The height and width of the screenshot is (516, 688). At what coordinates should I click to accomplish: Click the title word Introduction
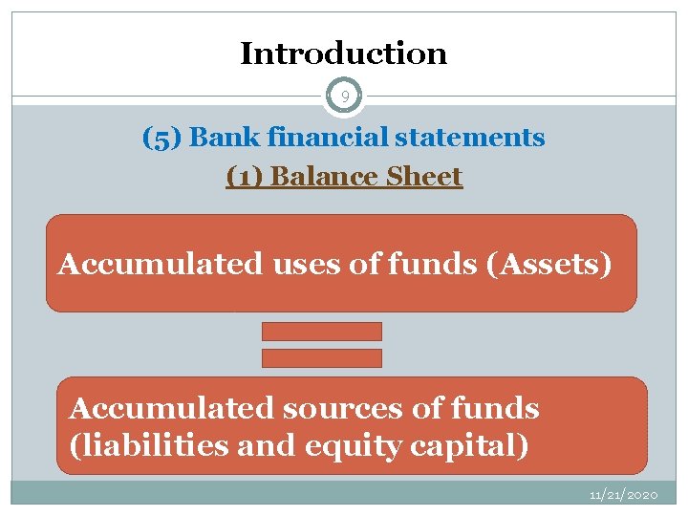pos(343,54)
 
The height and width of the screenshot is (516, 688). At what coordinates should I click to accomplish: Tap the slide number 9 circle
pos(344,96)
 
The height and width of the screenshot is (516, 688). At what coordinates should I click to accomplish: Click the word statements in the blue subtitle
pos(469,138)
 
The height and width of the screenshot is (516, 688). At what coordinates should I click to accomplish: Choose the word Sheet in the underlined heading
pos(424,177)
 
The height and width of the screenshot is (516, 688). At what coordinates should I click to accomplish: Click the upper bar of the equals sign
pos(322,332)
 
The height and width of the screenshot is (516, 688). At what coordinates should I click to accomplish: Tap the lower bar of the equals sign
pos(322,358)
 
